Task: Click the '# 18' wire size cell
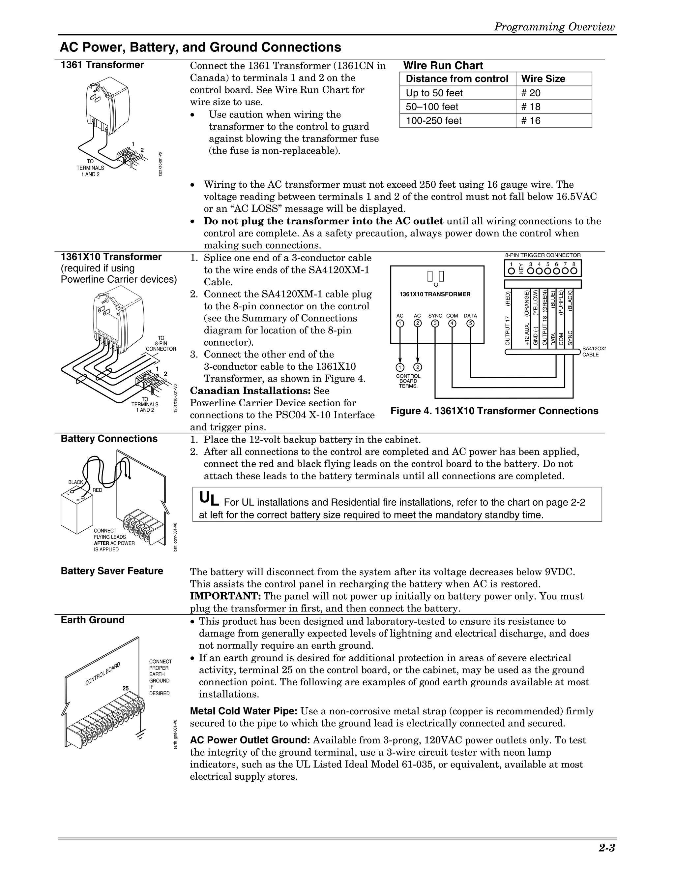pyautogui.click(x=531, y=107)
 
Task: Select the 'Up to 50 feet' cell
pyautogui.click(x=434, y=93)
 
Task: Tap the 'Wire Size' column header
pyautogui.click(x=543, y=79)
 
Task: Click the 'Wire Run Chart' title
pyautogui.click(x=443, y=66)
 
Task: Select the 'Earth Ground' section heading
pyautogui.click(x=92, y=620)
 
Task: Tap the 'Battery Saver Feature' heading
pyautogui.click(x=112, y=571)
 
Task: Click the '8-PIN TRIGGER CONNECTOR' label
pyautogui.click(x=543, y=255)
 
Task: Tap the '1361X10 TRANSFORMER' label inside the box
pyautogui.click(x=435, y=294)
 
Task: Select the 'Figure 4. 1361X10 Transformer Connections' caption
pyautogui.click(x=494, y=411)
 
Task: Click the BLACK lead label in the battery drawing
pyautogui.click(x=75, y=482)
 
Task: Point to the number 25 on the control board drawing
pyautogui.click(x=126, y=688)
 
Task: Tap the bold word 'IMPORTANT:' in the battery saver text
pyautogui.click(x=225, y=596)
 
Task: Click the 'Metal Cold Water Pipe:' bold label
pyautogui.click(x=244, y=711)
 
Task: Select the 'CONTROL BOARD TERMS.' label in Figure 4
pyautogui.click(x=408, y=381)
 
